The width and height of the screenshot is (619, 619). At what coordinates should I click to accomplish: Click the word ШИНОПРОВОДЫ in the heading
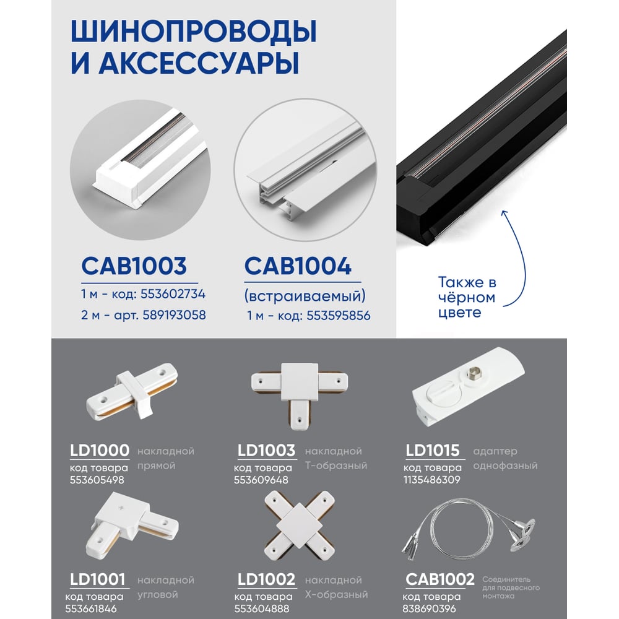[193, 31]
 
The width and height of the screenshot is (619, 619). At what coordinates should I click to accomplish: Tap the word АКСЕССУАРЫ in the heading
[199, 63]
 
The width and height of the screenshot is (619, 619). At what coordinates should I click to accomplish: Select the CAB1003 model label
[134, 266]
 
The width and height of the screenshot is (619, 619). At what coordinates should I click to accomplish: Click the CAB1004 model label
[298, 266]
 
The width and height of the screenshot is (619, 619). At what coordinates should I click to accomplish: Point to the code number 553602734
[173, 294]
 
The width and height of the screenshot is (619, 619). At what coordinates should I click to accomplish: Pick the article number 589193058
[174, 315]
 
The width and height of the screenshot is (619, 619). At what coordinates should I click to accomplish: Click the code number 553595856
[339, 316]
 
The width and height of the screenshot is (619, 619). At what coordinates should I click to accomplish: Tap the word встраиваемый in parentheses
[305, 296]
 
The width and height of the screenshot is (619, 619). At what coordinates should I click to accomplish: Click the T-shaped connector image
[300, 396]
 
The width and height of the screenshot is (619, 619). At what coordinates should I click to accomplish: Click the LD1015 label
[433, 451]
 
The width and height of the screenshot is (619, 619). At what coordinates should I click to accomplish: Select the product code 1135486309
[432, 480]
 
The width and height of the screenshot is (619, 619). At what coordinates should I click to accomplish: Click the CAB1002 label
[439, 579]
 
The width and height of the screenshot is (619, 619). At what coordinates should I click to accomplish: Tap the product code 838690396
[429, 608]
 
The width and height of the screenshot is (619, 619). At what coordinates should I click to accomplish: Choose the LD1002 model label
[266, 579]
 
